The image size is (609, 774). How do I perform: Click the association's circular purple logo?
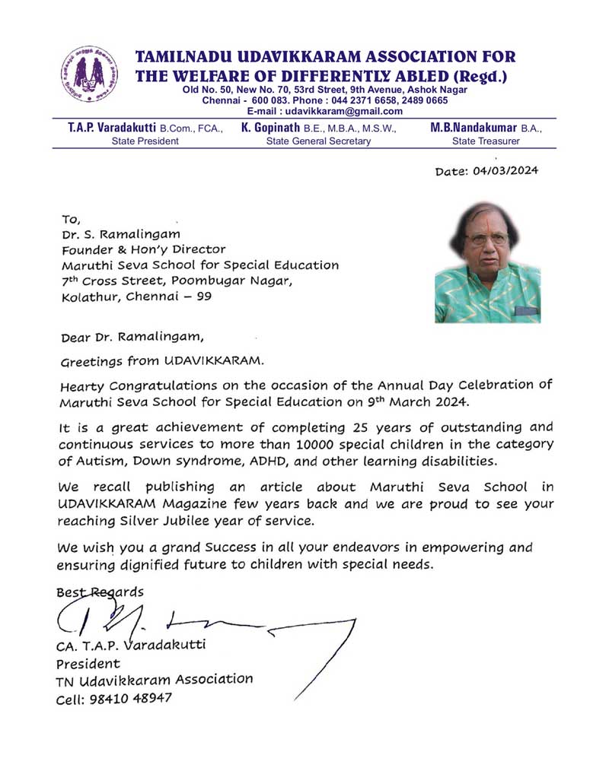(x=89, y=75)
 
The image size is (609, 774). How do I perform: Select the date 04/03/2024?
(x=505, y=171)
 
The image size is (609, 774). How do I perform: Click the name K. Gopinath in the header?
(x=270, y=128)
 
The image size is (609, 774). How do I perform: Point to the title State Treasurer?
(x=486, y=141)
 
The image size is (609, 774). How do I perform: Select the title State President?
(x=145, y=141)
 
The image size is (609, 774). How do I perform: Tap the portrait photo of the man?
(x=487, y=263)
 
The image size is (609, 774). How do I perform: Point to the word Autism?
(x=97, y=460)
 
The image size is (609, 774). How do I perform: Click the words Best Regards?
(x=100, y=591)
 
